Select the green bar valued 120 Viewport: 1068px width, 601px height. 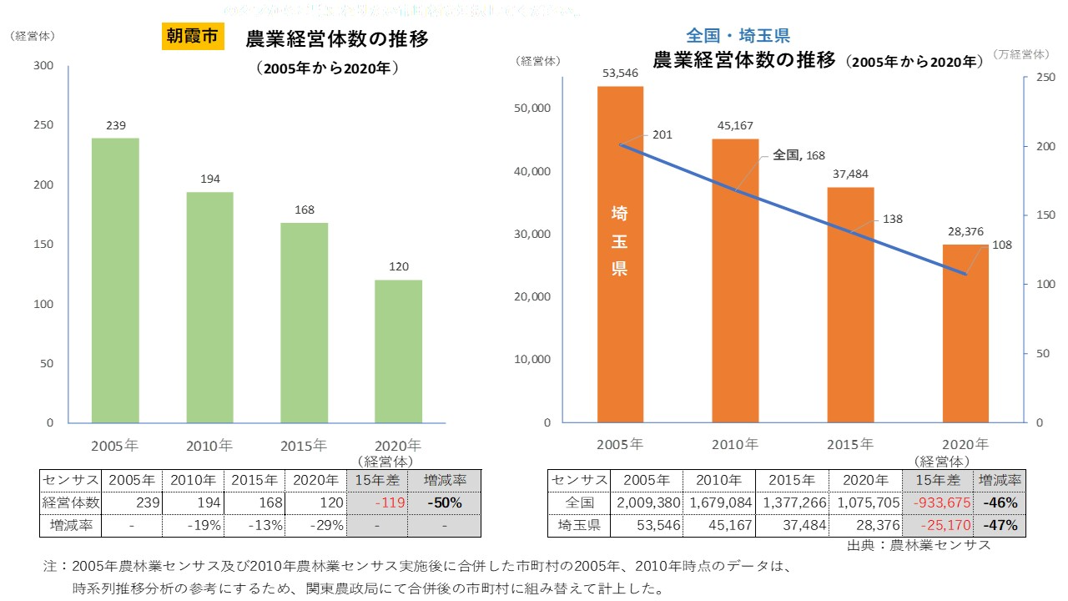click(398, 351)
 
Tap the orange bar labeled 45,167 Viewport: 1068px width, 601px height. click(735, 280)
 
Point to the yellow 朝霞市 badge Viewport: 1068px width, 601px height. click(193, 38)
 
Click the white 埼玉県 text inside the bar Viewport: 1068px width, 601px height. click(620, 241)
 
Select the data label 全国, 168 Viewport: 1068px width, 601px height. click(798, 154)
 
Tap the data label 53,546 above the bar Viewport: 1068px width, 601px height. click(619, 73)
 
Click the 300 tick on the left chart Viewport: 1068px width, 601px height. click(43, 66)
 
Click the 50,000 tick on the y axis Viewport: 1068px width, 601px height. click(531, 109)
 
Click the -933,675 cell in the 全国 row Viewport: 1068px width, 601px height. click(937, 503)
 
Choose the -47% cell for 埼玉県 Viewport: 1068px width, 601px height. click(1000, 526)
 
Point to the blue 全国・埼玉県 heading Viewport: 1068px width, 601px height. click(738, 36)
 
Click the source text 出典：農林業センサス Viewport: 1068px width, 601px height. click(919, 546)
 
